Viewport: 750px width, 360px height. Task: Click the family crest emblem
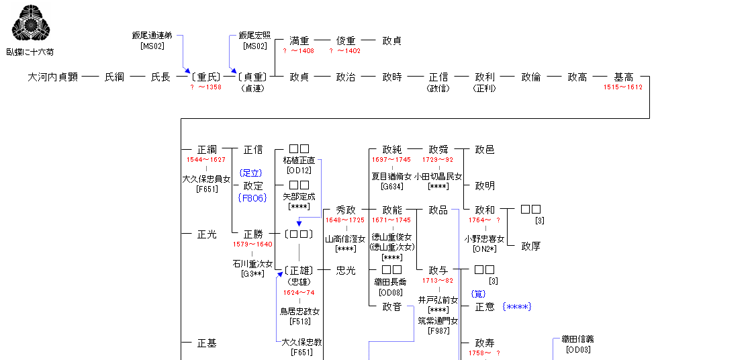pyautogui.click(x=30, y=24)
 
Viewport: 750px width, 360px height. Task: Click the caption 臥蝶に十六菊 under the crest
pyautogui.click(x=30, y=51)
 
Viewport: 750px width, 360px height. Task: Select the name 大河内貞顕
pyautogui.click(x=53, y=77)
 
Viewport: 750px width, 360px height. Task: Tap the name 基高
pyautogui.click(x=623, y=77)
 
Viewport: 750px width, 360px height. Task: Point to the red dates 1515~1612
pyautogui.click(x=623, y=87)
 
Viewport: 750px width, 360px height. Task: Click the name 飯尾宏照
pyautogui.click(x=255, y=36)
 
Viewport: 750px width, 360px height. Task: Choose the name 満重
pyautogui.click(x=299, y=41)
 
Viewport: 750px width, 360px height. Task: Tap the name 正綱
pyautogui.click(x=207, y=150)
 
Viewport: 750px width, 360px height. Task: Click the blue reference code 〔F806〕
pyautogui.click(x=252, y=197)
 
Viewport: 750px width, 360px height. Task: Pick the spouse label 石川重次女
pyautogui.click(x=253, y=264)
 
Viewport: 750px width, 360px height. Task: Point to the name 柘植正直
pyautogui.click(x=299, y=161)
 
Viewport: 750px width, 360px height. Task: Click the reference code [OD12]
pyautogui.click(x=299, y=171)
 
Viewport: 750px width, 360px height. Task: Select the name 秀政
pyautogui.click(x=346, y=210)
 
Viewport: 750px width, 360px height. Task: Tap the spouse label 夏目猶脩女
pyautogui.click(x=391, y=177)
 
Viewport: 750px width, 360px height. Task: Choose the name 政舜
pyautogui.click(x=438, y=150)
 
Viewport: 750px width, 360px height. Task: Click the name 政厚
pyautogui.click(x=531, y=246)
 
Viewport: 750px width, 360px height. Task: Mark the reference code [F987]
pyautogui.click(x=438, y=331)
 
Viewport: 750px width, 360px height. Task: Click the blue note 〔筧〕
pyautogui.click(x=479, y=294)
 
